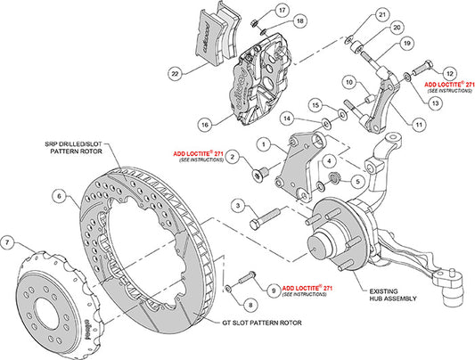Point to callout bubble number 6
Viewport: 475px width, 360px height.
coord(58,196)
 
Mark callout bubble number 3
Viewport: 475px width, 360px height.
coord(237,206)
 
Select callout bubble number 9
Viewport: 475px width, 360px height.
coord(270,290)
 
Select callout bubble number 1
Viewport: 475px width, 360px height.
coord(263,142)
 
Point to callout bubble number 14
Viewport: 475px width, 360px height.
coord(286,118)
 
